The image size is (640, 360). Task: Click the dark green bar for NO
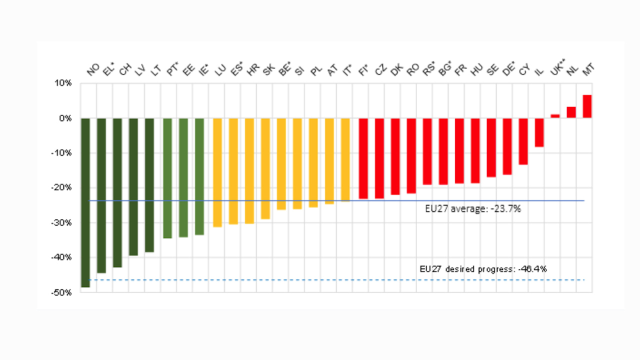click(85, 202)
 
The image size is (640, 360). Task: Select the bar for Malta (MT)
click(587, 106)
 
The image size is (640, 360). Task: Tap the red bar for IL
click(539, 132)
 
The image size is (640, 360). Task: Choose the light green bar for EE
click(183, 177)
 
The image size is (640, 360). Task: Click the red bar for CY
click(523, 141)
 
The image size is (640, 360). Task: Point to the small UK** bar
click(555, 116)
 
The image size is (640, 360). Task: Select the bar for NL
click(571, 112)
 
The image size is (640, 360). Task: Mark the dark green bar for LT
click(149, 185)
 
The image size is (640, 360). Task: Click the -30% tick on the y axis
click(64, 222)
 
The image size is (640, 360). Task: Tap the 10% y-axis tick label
click(65, 83)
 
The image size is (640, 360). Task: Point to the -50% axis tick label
click(64, 292)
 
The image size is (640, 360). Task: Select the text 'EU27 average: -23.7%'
click(472, 209)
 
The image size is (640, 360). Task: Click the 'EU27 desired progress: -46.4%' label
click(483, 269)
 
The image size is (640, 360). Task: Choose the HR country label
click(252, 70)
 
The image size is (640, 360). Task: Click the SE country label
click(492, 70)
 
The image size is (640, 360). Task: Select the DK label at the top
click(396, 70)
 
